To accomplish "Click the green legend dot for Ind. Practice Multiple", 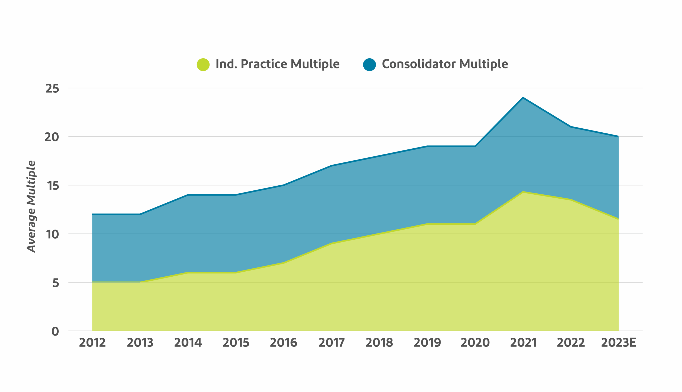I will [203, 65].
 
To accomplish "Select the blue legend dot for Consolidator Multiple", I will [369, 65].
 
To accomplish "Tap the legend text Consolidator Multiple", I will [445, 64].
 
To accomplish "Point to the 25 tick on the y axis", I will [52, 88].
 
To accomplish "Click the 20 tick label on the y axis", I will [52, 137].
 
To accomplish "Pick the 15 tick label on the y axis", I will [53, 186].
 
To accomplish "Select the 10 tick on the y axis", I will [52, 234].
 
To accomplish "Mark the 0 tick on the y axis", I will [55, 332].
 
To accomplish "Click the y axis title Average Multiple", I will [31, 206].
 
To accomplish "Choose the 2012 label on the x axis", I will [92, 342].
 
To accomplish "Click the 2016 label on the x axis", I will [283, 342].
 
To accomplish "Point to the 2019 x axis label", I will [427, 342].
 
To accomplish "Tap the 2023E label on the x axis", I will [618, 342].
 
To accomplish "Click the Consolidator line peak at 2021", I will [523, 98].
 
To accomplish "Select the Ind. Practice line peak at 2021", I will [523, 192].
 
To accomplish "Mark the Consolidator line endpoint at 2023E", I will [618, 137].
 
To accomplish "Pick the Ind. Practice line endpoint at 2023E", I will [618, 219].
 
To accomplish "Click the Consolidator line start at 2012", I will [92, 214].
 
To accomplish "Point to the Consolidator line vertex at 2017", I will [331, 166].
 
